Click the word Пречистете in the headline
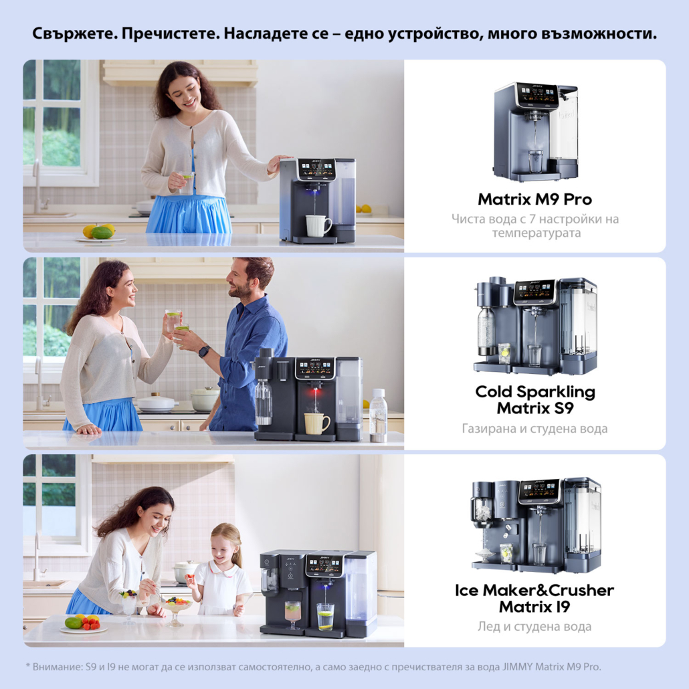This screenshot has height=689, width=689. [x=171, y=34]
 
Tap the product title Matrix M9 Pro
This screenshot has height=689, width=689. [x=534, y=199]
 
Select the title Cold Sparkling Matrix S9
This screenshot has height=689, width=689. [x=535, y=400]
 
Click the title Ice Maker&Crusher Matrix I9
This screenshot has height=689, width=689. [x=534, y=598]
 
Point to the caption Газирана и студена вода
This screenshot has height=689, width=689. [x=534, y=428]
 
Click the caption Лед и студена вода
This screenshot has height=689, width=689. [x=534, y=626]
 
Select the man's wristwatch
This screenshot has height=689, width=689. [x=204, y=352]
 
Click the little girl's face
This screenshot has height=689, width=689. [x=222, y=549]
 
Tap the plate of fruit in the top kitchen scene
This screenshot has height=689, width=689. [x=100, y=233]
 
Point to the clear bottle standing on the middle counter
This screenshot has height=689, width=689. [x=378, y=415]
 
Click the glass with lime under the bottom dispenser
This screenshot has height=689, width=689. [x=325, y=617]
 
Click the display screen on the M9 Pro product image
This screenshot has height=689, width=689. [x=537, y=94]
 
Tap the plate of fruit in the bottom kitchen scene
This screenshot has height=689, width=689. [x=84, y=624]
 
